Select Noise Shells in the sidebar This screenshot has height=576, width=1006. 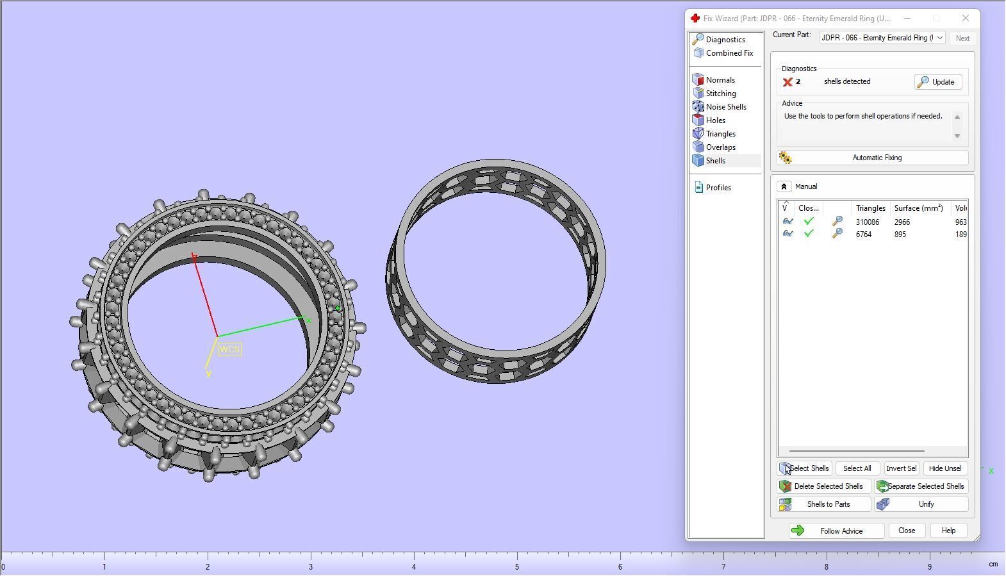725,107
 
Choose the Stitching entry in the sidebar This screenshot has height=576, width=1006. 720,94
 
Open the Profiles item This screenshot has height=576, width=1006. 718,188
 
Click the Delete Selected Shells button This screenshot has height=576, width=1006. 824,486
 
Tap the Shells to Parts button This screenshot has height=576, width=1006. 824,504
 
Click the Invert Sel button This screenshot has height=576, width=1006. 901,468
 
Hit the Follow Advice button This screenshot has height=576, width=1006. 836,531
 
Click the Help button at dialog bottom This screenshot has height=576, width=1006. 948,531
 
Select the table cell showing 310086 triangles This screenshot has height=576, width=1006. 867,222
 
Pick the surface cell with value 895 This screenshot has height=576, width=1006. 900,235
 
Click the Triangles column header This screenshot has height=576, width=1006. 870,208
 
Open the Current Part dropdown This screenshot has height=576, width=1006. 882,38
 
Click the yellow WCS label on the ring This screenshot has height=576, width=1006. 229,350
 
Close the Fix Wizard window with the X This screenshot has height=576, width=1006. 965,19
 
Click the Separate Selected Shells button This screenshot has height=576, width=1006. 921,486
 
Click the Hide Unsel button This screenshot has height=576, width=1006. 944,468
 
